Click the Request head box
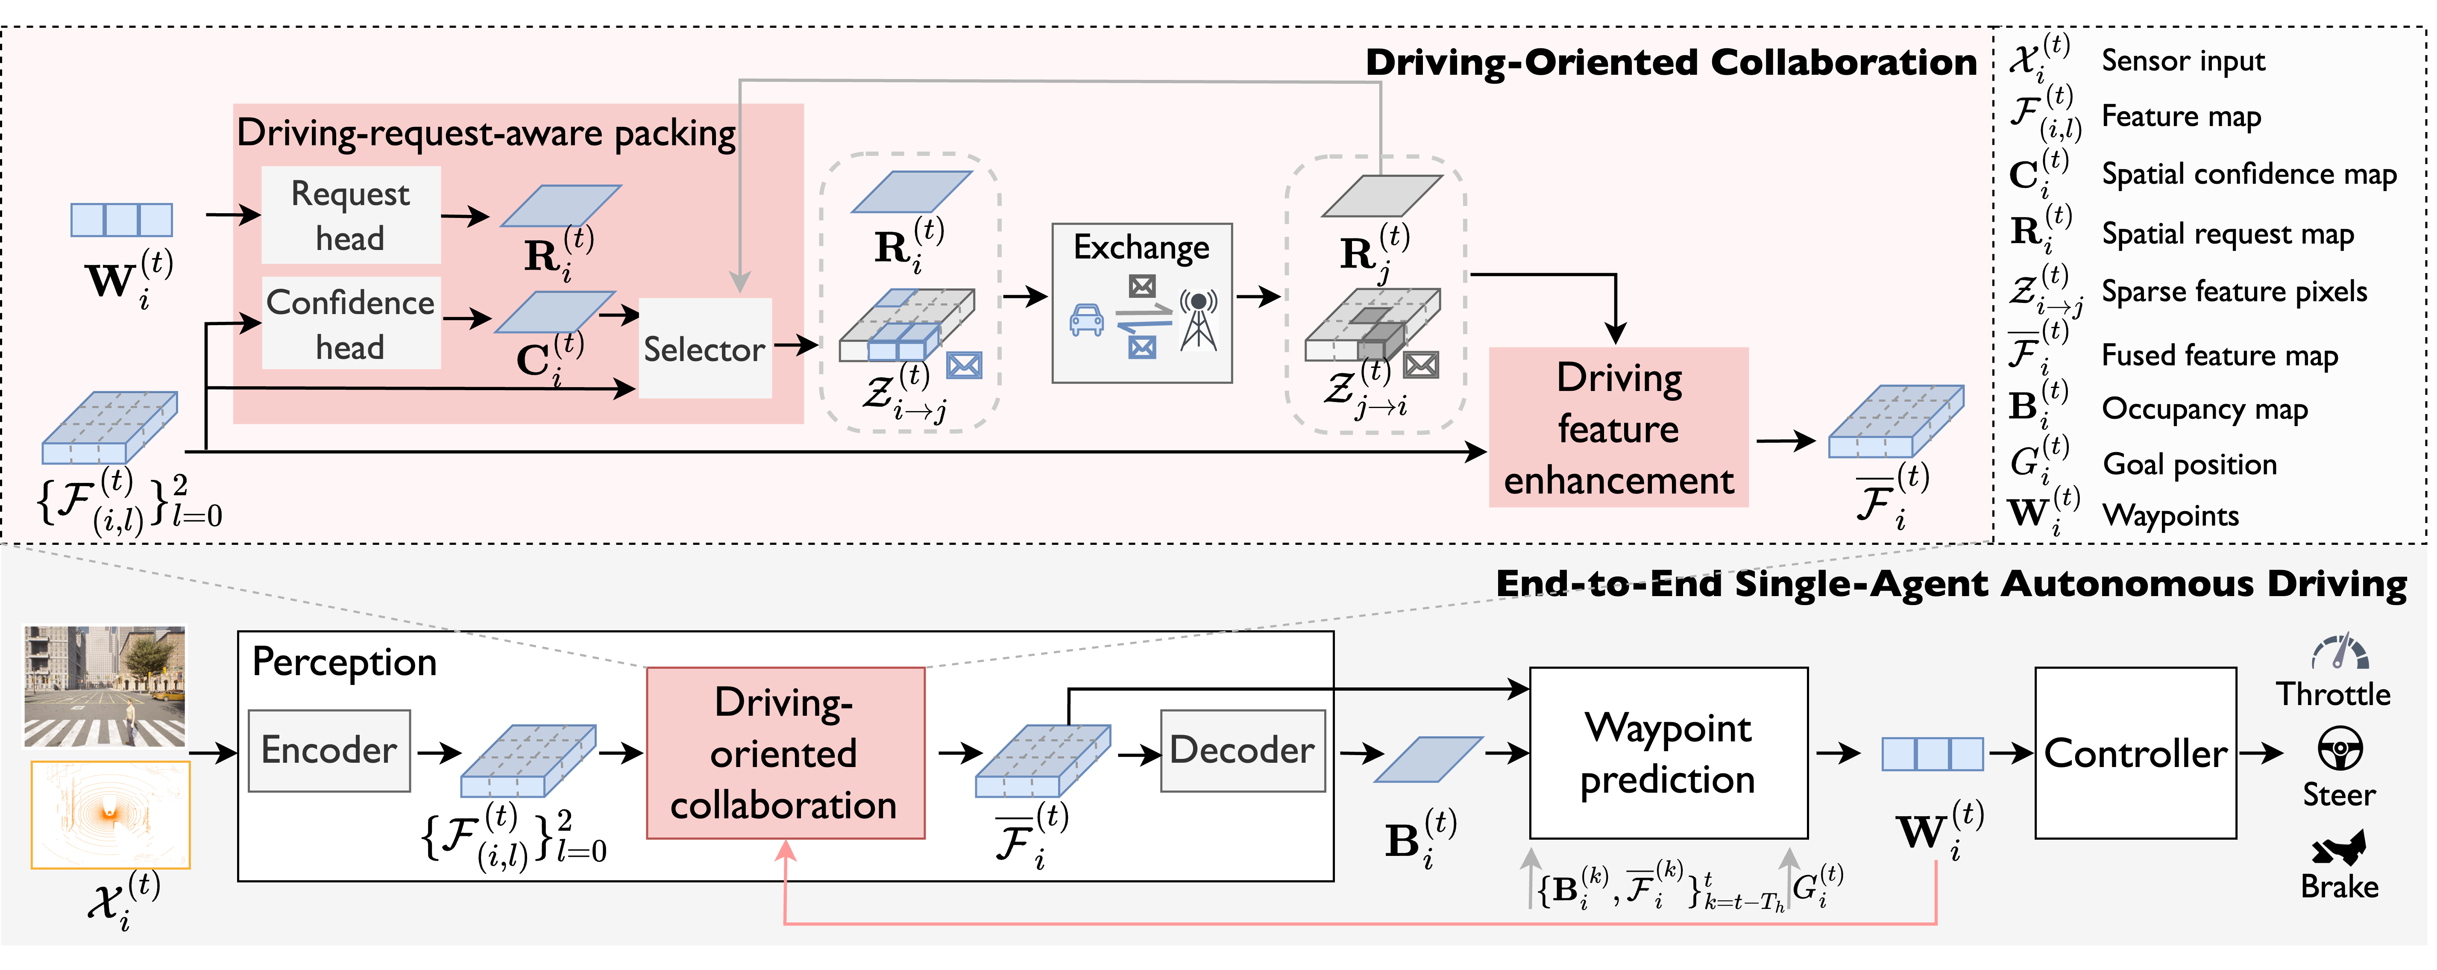click(x=351, y=215)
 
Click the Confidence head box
click(x=351, y=323)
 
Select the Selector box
click(x=705, y=348)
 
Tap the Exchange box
click(x=1142, y=303)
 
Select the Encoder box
click(x=329, y=750)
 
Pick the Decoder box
click(x=1242, y=750)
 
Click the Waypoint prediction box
click(x=1669, y=753)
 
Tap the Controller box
click(x=2135, y=753)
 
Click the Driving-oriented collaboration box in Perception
click(x=785, y=753)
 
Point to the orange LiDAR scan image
click(x=111, y=815)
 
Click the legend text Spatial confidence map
click(x=2249, y=174)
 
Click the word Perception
click(x=344, y=662)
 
